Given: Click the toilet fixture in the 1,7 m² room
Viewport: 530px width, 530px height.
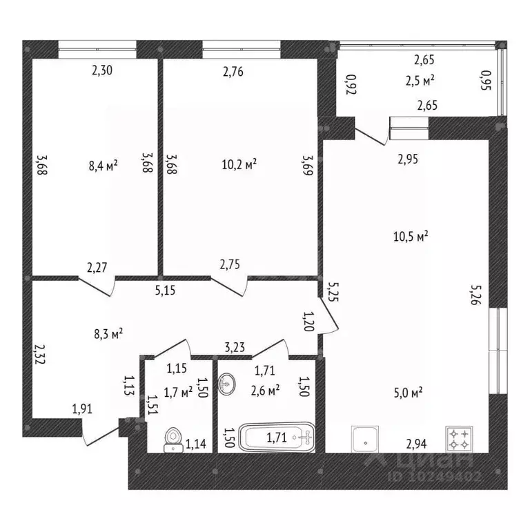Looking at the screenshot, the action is [x=174, y=440].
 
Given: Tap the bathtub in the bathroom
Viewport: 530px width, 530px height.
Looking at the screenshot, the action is [x=277, y=437].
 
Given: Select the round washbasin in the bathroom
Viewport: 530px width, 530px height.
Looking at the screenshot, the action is [x=227, y=383].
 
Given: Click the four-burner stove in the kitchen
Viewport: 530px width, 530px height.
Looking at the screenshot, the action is [x=459, y=439].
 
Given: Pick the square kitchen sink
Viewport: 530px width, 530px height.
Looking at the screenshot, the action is [x=365, y=439].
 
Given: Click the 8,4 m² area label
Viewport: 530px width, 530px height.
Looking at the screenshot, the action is [x=103, y=166].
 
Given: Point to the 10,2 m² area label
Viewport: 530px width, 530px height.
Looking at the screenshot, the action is [x=239, y=164].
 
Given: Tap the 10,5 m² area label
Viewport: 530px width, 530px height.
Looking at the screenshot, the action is [x=411, y=236].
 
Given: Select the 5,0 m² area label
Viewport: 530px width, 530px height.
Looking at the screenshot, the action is [x=409, y=393].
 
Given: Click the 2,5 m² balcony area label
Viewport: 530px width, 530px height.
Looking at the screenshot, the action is [x=420, y=81].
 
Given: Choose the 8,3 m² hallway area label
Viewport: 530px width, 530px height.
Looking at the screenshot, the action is [x=108, y=334].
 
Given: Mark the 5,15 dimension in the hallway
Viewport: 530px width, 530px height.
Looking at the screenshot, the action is [x=166, y=291].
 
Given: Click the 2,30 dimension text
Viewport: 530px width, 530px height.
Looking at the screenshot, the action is [x=102, y=70].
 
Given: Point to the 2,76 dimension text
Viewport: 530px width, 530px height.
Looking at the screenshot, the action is [x=233, y=72].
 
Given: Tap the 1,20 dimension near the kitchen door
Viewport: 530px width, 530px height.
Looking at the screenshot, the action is [x=308, y=321].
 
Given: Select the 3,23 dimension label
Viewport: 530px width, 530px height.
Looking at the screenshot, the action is [x=235, y=347].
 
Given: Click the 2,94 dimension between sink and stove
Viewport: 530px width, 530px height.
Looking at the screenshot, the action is [x=416, y=444].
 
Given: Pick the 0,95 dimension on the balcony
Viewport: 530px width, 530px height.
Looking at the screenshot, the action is [x=486, y=80].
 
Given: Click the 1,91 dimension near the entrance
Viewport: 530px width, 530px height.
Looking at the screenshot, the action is [x=82, y=409].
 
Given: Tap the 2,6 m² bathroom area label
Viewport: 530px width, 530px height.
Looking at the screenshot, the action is [x=265, y=391].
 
